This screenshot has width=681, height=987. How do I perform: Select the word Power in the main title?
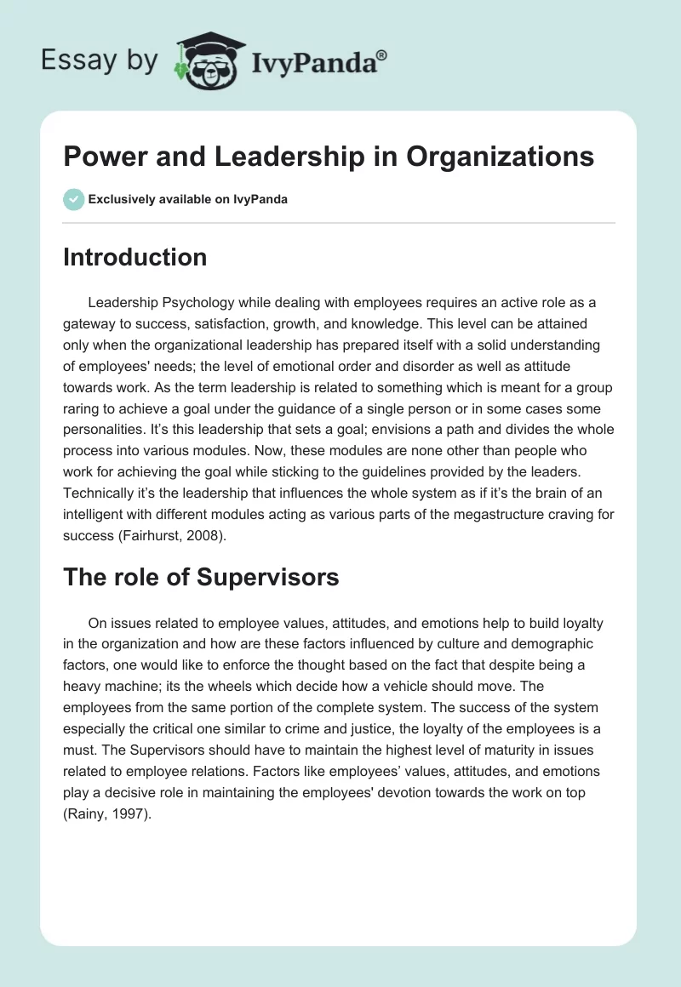coord(96,157)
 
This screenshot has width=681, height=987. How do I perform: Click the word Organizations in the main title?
coord(495,157)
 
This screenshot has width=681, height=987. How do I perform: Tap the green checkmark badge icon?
coord(73,199)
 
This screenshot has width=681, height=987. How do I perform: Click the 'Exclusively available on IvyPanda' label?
coord(188,200)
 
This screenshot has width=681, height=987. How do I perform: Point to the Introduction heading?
coord(134,258)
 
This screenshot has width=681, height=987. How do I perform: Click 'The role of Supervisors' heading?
coord(201,577)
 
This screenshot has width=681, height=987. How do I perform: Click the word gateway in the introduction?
coord(92,324)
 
